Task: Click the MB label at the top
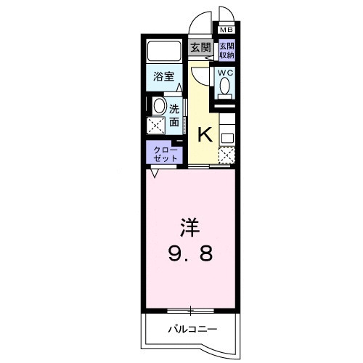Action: (x=227, y=30)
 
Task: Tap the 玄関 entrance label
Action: (x=200, y=49)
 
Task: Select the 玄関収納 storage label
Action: (x=227, y=51)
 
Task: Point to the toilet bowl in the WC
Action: (x=225, y=87)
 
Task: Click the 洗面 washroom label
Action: (x=175, y=116)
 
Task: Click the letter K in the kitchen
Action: (x=205, y=134)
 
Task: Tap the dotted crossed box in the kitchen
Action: (x=227, y=155)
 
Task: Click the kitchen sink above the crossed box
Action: (x=227, y=134)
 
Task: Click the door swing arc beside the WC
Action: (x=200, y=76)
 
